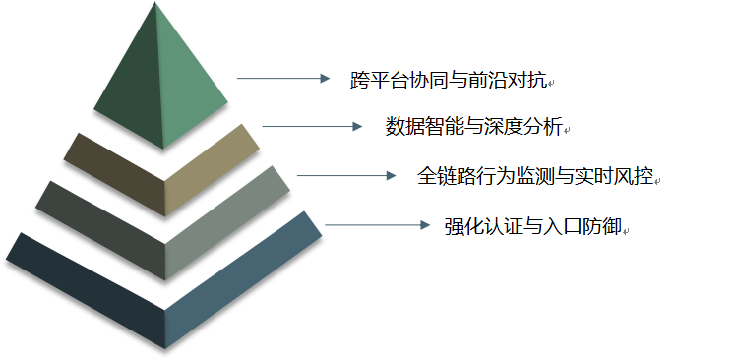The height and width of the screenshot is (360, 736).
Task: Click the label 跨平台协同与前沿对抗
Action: pos(452,80)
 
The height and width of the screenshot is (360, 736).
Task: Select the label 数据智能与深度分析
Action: pos(473,126)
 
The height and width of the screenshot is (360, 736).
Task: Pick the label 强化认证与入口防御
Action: pos(532,226)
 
